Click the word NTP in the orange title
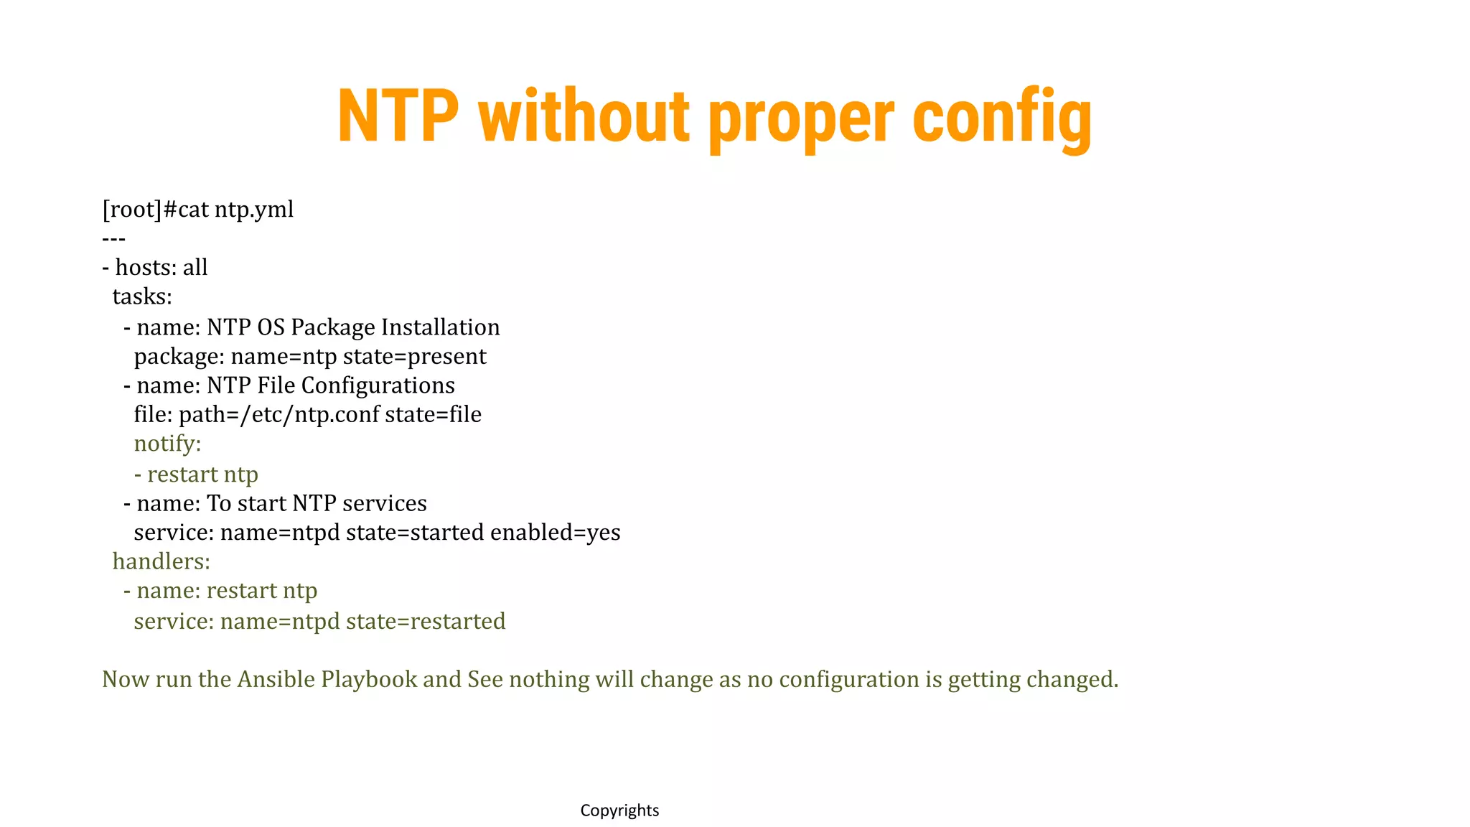pyautogui.click(x=398, y=116)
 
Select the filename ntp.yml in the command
pyautogui.click(x=254, y=210)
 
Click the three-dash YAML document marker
pyautogui.click(x=113, y=238)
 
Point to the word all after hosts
pyautogui.click(x=195, y=268)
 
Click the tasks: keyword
pyautogui.click(x=142, y=296)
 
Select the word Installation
pyautogui.click(x=440, y=327)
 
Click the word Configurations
pyautogui.click(x=378, y=386)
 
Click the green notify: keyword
pyautogui.click(x=167, y=444)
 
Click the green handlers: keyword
pyautogui.click(x=161, y=561)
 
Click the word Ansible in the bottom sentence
pyautogui.click(x=276, y=679)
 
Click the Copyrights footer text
pyautogui.click(x=619, y=810)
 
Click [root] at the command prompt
pyautogui.click(x=133, y=210)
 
